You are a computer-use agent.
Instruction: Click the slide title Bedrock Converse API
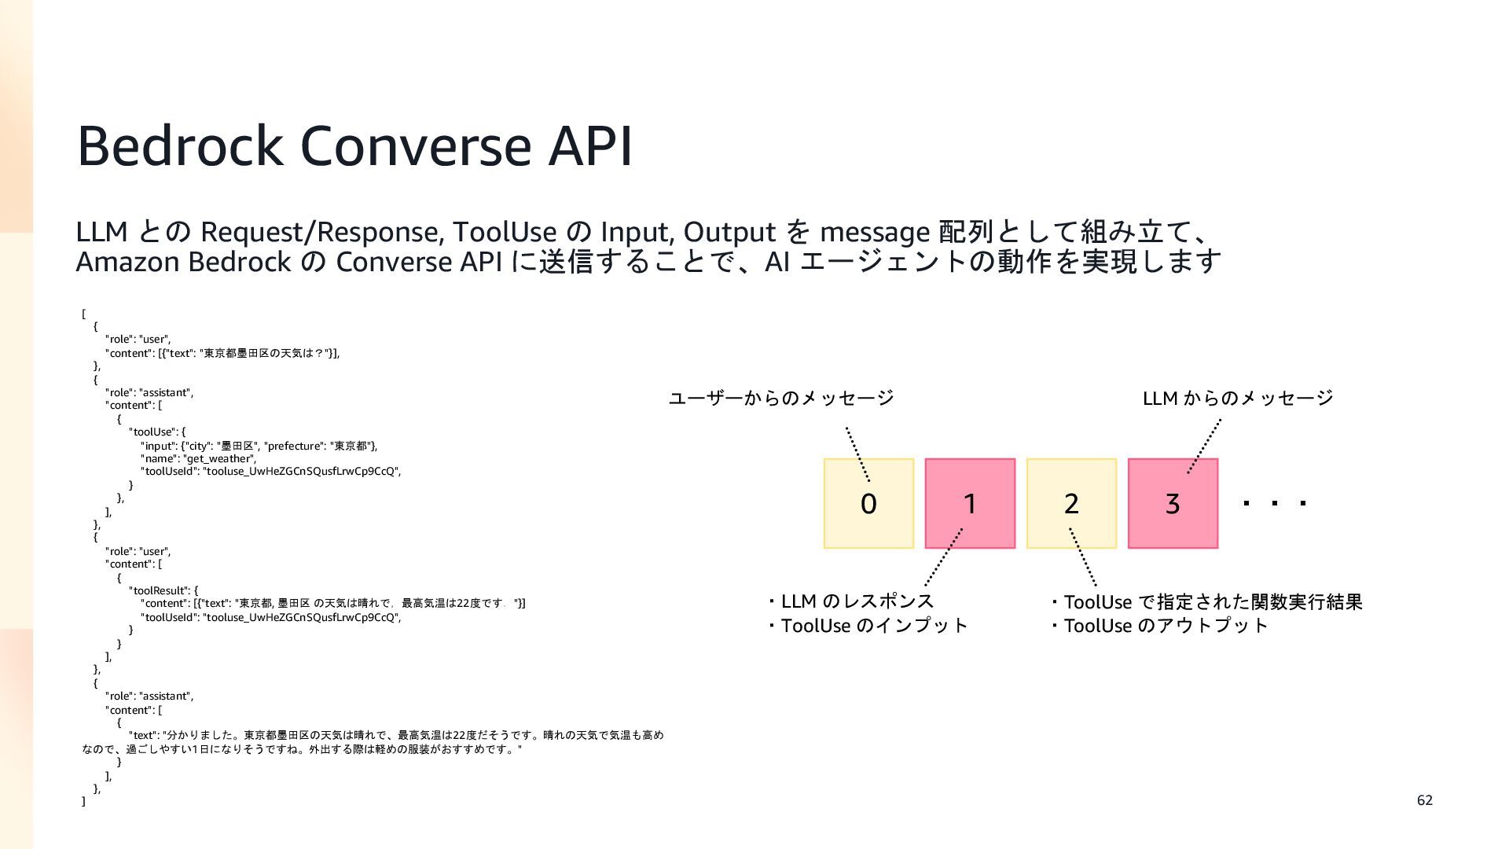coord(354,146)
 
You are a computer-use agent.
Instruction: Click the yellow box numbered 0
coord(868,503)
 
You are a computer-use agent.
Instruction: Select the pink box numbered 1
coord(970,503)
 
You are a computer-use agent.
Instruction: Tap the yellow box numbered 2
coord(1071,503)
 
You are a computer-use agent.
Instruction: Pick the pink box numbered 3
coord(1173,503)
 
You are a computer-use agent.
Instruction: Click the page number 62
coord(1424,800)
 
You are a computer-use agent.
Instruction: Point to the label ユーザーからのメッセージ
coord(781,399)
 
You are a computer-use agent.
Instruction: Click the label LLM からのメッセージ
coord(1238,399)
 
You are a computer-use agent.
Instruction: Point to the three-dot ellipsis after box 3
coord(1275,503)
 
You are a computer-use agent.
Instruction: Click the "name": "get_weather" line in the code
coord(198,458)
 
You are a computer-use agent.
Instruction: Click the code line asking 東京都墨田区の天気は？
coord(222,353)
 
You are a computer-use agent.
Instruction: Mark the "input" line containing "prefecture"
coord(259,446)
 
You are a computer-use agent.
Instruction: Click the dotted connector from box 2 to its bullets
coord(1083,557)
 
